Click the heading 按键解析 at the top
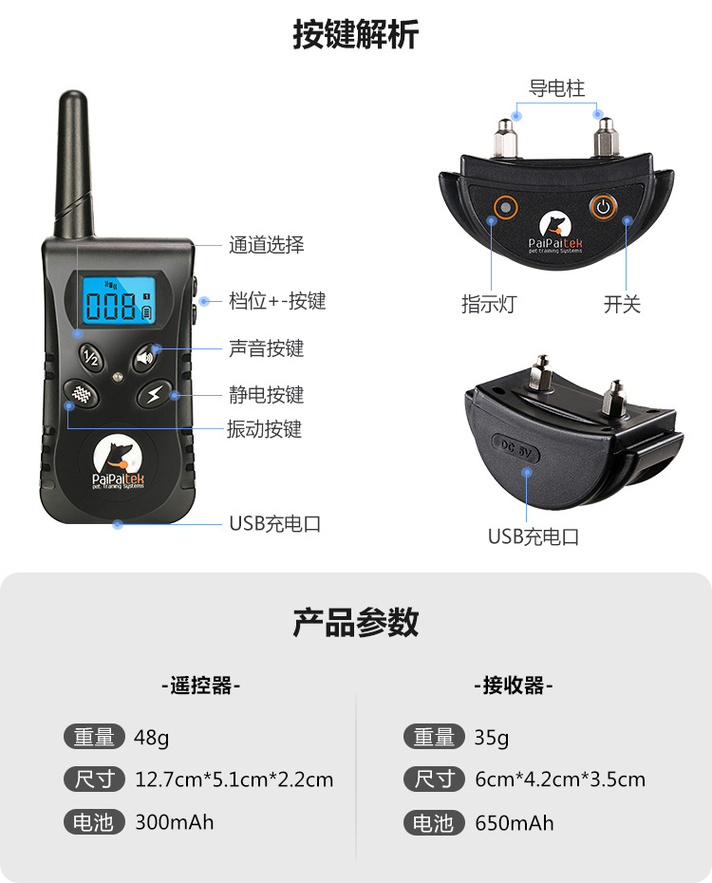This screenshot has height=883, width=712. tap(356, 35)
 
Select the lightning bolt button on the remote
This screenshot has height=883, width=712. tap(154, 394)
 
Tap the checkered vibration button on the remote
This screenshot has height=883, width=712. tap(84, 394)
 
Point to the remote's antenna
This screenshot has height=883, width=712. tap(74, 166)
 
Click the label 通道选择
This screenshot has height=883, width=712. tap(267, 245)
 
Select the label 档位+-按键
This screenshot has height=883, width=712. tap(277, 301)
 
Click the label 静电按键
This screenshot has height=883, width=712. tap(267, 394)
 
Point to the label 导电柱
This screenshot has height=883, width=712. tap(557, 89)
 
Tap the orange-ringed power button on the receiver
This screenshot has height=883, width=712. tap(603, 206)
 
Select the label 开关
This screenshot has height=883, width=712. tap(623, 305)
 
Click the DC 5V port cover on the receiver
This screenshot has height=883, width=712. tap(517, 449)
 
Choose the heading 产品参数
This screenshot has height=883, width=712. tap(356, 623)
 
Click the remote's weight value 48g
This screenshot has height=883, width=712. tap(152, 737)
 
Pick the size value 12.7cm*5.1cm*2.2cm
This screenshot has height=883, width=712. tap(234, 780)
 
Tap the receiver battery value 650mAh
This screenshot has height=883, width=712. tap(515, 823)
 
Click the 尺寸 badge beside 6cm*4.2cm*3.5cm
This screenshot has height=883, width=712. tap(434, 780)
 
